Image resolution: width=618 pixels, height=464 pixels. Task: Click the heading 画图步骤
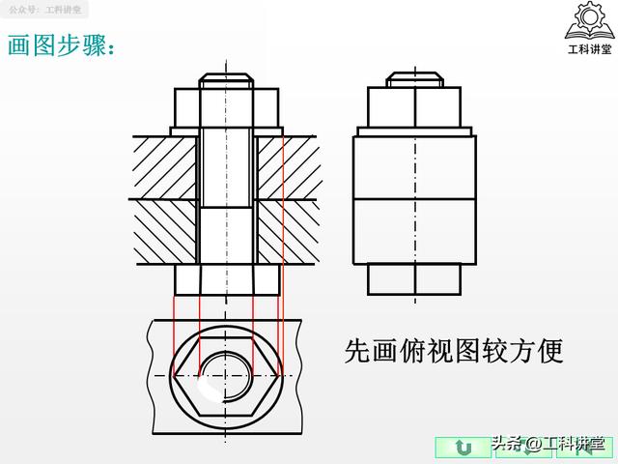[64, 45]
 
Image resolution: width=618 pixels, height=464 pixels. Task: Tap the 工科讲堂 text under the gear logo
[589, 49]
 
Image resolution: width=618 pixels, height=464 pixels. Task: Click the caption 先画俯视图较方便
[453, 350]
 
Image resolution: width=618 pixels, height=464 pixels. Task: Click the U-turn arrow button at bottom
[463, 447]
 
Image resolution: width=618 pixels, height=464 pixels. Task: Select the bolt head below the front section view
[228, 281]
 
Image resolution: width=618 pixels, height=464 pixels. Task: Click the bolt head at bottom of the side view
[415, 280]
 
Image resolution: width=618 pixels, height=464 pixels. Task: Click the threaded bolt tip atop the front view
[228, 79]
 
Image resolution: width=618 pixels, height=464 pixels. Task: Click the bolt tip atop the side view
[415, 79]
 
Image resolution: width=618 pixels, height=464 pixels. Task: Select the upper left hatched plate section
[165, 166]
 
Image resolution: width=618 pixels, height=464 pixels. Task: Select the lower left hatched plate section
[165, 232]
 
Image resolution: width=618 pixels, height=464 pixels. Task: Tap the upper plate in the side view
[415, 166]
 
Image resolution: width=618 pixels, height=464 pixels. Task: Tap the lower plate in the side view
[415, 232]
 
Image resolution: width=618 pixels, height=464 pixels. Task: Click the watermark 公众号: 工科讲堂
[45, 10]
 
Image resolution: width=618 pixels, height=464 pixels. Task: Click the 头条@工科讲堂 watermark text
[550, 446]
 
